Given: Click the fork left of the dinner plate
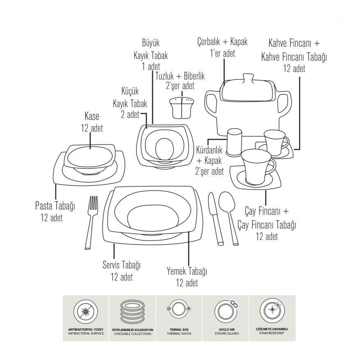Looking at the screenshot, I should [x=92, y=221].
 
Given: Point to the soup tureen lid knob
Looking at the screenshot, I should [x=247, y=78].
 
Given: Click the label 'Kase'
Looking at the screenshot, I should [x=92, y=116].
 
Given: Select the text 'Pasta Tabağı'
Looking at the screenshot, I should [x=55, y=206].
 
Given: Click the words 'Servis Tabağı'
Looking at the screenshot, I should [x=121, y=265].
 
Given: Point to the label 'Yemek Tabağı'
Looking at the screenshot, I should [x=187, y=271].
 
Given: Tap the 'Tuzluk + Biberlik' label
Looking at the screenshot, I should [x=180, y=76].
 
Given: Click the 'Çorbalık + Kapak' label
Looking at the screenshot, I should [x=222, y=42].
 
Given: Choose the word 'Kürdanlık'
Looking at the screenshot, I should [x=210, y=150].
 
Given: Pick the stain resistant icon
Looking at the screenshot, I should [x=272, y=311].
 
